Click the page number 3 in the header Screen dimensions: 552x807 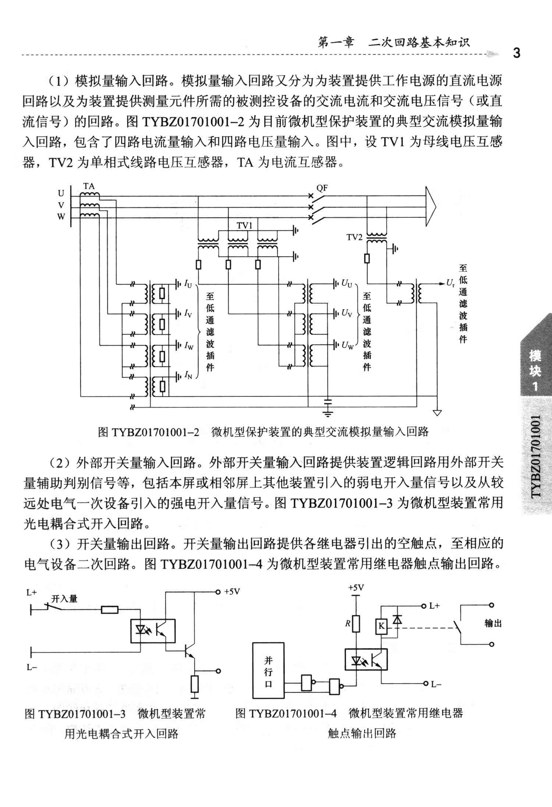[517, 53]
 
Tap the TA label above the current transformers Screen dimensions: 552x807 [89, 186]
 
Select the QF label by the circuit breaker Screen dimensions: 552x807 [322, 188]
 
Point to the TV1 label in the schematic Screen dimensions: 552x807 [244, 226]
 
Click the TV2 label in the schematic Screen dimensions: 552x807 [354, 237]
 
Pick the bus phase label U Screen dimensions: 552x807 [61, 193]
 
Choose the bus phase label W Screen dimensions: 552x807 [61, 217]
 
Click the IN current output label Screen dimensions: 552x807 [188, 375]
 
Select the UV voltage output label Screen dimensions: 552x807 [347, 313]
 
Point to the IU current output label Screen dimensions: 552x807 [188, 284]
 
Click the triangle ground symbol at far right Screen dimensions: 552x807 [437, 413]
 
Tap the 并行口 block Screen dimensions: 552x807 [268, 670]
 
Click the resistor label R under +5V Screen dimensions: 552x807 [347, 623]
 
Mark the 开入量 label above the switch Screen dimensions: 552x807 [64, 599]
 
